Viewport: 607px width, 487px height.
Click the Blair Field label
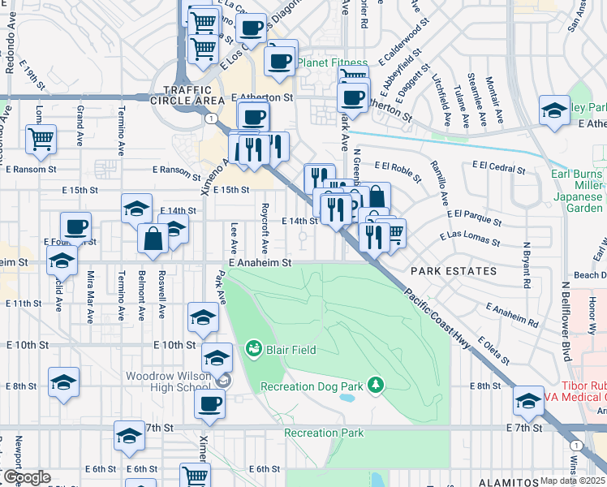(x=289, y=350)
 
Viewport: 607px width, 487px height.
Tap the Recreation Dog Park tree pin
(x=375, y=384)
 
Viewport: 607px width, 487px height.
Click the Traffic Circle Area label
(x=193, y=95)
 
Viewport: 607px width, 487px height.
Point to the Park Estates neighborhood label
(x=453, y=271)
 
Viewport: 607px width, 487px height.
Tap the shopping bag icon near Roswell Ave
(x=153, y=239)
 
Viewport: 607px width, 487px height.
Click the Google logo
(x=27, y=477)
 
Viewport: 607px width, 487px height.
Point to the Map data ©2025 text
(x=571, y=481)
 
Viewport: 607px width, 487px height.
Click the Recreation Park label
(x=324, y=433)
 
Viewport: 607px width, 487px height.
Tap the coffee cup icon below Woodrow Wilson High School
(x=209, y=403)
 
